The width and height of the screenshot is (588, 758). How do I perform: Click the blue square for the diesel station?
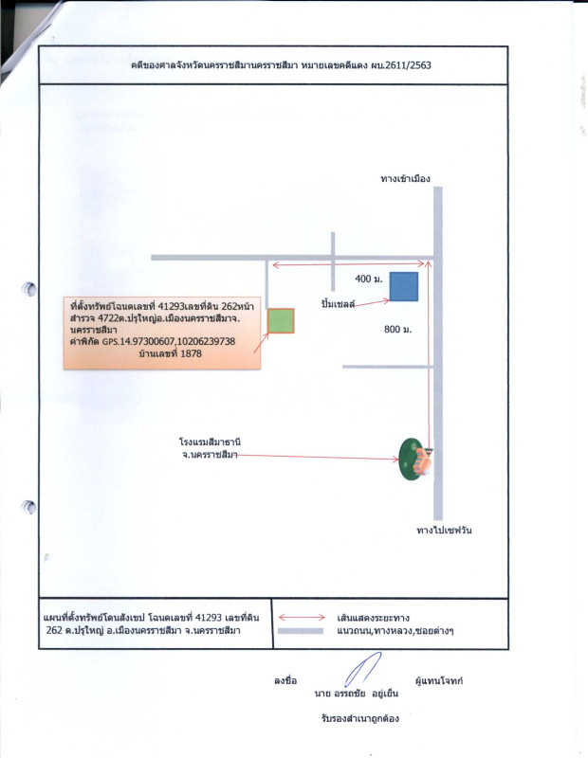(404, 286)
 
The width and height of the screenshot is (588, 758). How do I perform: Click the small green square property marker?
(281, 321)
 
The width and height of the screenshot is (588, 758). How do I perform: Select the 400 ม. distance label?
(368, 280)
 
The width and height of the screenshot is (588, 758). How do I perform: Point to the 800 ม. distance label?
(397, 329)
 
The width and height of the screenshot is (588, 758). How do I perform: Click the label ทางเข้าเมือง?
(406, 177)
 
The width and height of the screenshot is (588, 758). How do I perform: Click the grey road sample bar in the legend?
(303, 630)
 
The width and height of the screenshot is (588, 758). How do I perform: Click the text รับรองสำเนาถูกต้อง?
(360, 718)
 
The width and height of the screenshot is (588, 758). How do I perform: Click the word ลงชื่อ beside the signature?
(286, 681)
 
